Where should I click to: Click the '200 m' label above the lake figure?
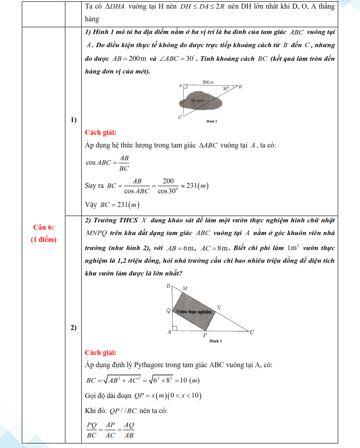tap(208, 82)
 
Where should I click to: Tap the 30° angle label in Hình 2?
tap(226, 89)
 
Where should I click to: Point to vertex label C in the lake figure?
tap(180, 118)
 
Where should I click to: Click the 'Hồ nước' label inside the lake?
tap(198, 100)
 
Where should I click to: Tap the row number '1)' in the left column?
tap(73, 120)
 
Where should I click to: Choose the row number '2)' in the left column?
tap(73, 328)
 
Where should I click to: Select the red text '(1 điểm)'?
tap(44, 240)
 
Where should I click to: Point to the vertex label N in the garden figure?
tap(218, 308)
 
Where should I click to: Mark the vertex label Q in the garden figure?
tap(168, 311)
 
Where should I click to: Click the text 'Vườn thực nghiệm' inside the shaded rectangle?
tap(194, 312)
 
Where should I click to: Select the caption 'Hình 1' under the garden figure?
tap(216, 341)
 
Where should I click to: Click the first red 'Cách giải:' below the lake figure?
tap(101, 133)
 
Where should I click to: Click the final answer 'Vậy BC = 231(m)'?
tap(112, 205)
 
